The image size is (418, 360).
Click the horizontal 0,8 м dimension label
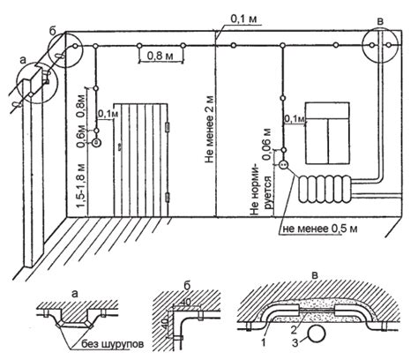coord(160,56)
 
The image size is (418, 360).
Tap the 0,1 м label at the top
coord(244,19)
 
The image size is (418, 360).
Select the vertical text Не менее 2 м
coord(209,130)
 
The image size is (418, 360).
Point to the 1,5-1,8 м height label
coord(81,186)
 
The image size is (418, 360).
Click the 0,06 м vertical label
coord(267,144)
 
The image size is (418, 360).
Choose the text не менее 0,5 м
coord(320,229)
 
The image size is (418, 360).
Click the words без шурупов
coord(113,344)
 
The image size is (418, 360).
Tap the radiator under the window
coord(325,189)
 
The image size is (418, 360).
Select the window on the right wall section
coord(327,133)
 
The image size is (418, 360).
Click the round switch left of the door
coord(96,143)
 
